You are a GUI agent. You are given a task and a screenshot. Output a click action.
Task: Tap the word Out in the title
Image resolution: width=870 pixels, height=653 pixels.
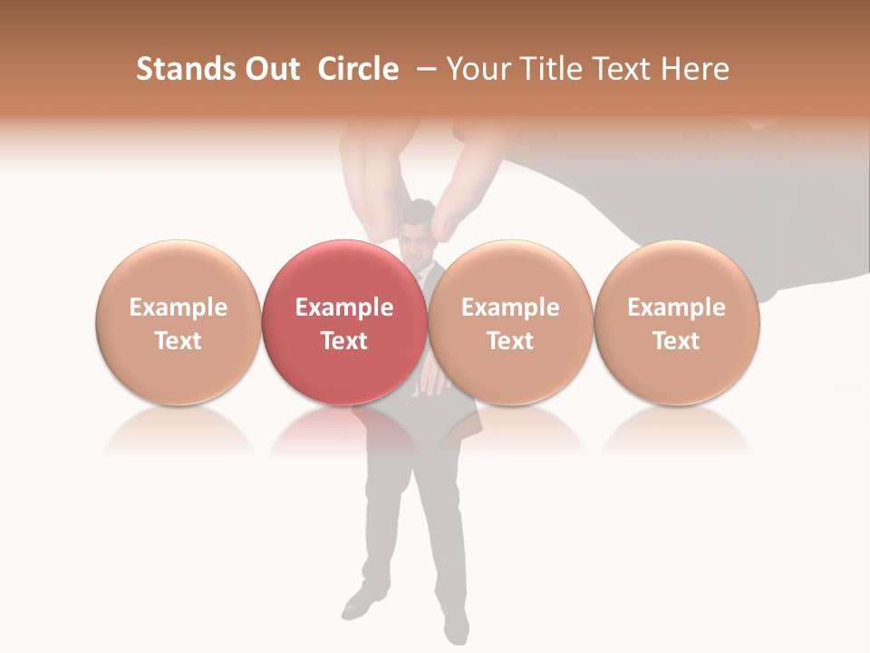pos(269,69)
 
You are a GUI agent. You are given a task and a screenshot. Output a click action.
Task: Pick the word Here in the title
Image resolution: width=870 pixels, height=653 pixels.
pos(694,69)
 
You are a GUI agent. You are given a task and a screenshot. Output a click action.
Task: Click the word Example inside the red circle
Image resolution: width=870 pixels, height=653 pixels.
pos(344,307)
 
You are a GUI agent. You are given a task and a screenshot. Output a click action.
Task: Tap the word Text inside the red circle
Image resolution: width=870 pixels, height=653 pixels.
pos(344,341)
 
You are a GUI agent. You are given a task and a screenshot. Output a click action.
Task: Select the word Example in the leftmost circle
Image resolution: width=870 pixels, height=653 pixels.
pos(179,307)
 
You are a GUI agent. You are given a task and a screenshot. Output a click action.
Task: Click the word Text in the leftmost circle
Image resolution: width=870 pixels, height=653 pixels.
pos(179,341)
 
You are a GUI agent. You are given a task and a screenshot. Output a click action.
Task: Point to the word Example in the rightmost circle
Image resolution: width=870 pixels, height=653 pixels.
pos(676,307)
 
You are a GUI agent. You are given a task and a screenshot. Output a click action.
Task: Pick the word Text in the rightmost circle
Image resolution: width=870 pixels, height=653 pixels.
pos(676,341)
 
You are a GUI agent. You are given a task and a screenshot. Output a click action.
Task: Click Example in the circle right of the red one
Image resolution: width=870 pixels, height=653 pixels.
pos(510,307)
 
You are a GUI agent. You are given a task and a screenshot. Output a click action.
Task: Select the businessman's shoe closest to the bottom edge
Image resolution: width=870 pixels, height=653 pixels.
pos(456,627)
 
